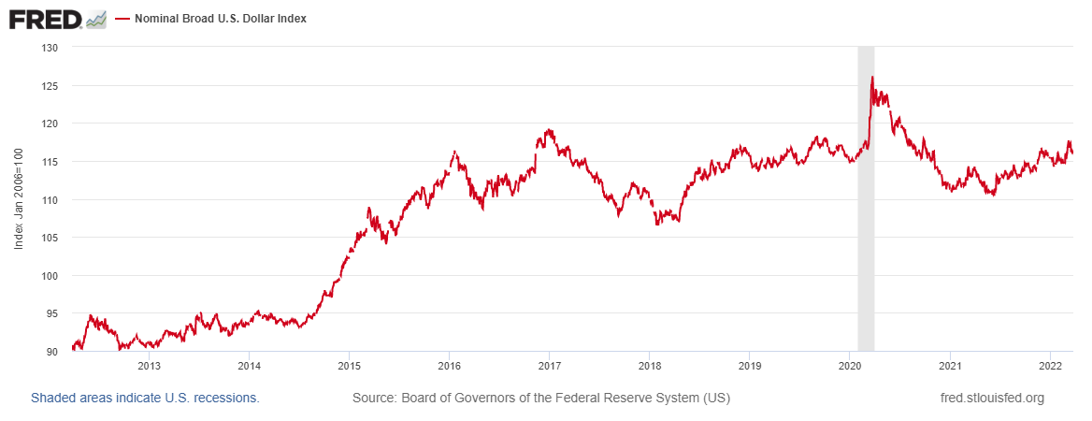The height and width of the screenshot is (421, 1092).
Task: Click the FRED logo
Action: click(x=45, y=18)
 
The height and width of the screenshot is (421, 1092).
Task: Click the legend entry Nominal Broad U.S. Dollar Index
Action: click(x=221, y=19)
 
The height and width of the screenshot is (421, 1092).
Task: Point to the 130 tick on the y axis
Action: click(x=50, y=48)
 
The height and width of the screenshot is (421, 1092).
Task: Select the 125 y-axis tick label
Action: click(x=50, y=86)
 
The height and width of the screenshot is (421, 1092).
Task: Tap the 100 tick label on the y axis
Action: click(x=50, y=276)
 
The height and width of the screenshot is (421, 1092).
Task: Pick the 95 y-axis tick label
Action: click(x=53, y=314)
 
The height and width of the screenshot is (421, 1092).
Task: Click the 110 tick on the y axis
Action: click(x=50, y=200)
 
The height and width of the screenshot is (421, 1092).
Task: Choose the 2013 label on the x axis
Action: click(x=150, y=366)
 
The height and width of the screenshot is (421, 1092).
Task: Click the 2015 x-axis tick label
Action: click(x=349, y=366)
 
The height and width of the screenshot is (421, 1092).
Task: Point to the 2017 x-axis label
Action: click(x=549, y=366)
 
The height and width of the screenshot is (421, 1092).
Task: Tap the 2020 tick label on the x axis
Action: click(x=849, y=366)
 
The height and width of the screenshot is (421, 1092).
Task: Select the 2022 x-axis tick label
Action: click(x=1049, y=366)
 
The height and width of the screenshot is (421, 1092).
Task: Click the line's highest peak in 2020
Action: click(x=871, y=78)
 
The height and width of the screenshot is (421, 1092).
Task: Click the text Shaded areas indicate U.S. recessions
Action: click(x=145, y=398)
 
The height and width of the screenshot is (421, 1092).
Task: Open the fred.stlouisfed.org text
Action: click(x=992, y=398)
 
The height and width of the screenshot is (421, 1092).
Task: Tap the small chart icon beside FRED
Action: click(x=95, y=19)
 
